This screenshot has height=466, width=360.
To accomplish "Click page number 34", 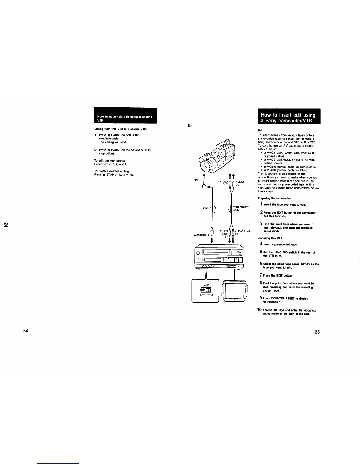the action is pyautogui.click(x=26, y=331).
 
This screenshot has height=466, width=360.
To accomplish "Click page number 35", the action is pyautogui.click(x=317, y=332).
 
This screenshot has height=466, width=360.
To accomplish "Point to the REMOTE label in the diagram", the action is pyautogui.click(x=197, y=180).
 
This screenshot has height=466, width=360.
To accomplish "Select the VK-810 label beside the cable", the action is pyautogui.click(x=207, y=208).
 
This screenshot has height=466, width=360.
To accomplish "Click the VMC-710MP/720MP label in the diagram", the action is pyautogui.click(x=241, y=209).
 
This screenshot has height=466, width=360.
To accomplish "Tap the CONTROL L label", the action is pyautogui.click(x=201, y=235).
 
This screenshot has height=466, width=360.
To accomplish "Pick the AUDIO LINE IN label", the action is pyautogui.click(x=242, y=233).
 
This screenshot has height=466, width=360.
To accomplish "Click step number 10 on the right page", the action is pyautogui.click(x=259, y=310).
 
